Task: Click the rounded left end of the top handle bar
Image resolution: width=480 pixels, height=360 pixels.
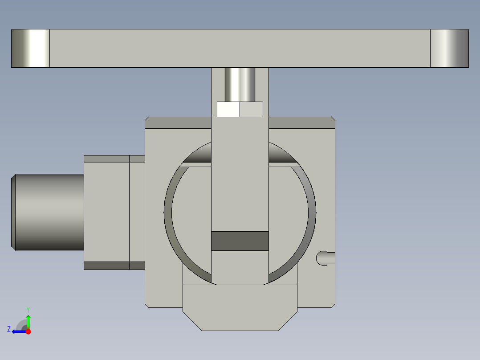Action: (x=30, y=49)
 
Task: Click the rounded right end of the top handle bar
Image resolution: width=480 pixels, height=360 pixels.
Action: (x=449, y=49)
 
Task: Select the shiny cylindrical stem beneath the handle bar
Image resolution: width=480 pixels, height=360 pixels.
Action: (x=240, y=84)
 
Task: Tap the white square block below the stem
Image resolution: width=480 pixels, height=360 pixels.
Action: (x=228, y=109)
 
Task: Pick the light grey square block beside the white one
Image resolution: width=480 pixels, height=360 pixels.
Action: (x=252, y=109)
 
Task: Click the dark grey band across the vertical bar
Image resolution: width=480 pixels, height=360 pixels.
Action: (x=240, y=241)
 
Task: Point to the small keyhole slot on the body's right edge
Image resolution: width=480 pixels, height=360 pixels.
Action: (x=325, y=258)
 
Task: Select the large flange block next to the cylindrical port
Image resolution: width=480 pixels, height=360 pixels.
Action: (x=106, y=212)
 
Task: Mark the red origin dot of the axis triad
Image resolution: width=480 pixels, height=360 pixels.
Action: (x=28, y=331)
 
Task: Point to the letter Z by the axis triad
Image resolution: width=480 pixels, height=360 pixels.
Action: (x=9, y=329)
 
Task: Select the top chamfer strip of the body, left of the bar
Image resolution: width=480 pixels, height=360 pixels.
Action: (x=178, y=123)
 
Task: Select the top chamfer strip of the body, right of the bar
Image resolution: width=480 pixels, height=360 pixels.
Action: (x=301, y=123)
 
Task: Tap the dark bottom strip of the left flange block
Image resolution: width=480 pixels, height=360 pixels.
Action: (x=106, y=266)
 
